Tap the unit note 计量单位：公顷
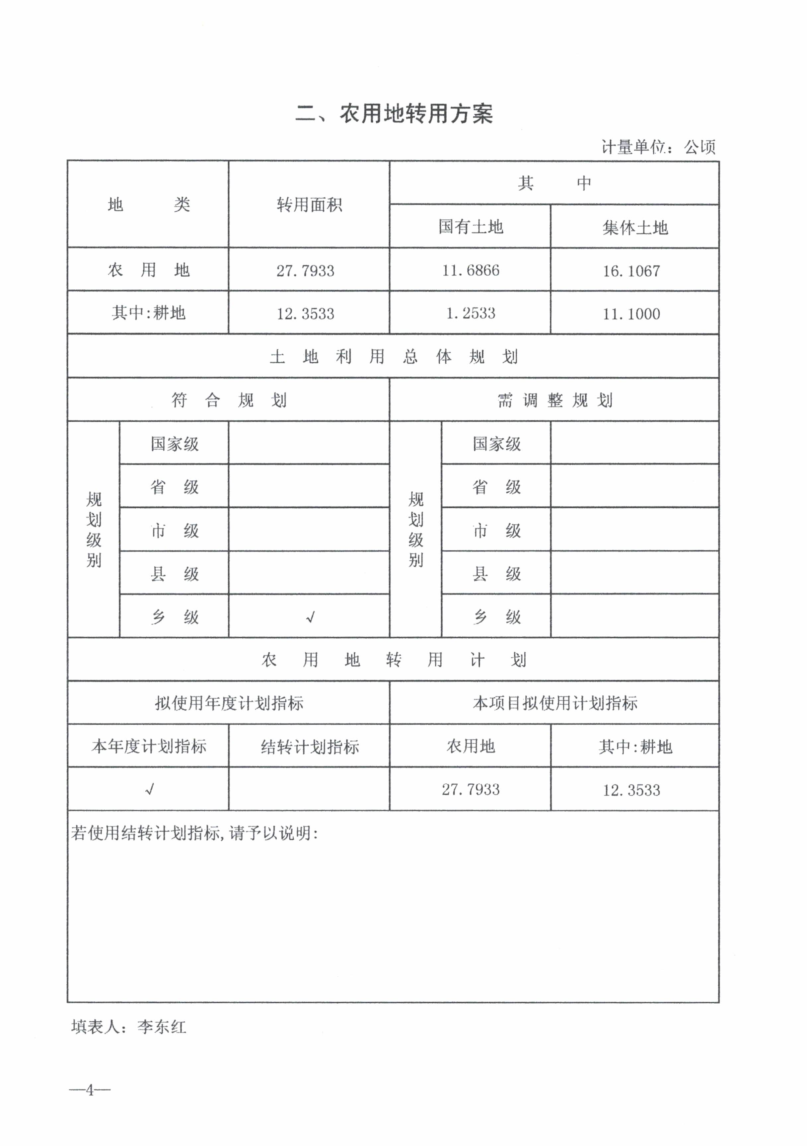pos(658,147)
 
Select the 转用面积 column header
pos(309,205)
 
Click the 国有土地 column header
pos(470,227)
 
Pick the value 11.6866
pos(470,270)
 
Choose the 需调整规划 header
pos(554,400)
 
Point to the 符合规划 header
pos(229,400)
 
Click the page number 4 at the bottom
pos(90,1090)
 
